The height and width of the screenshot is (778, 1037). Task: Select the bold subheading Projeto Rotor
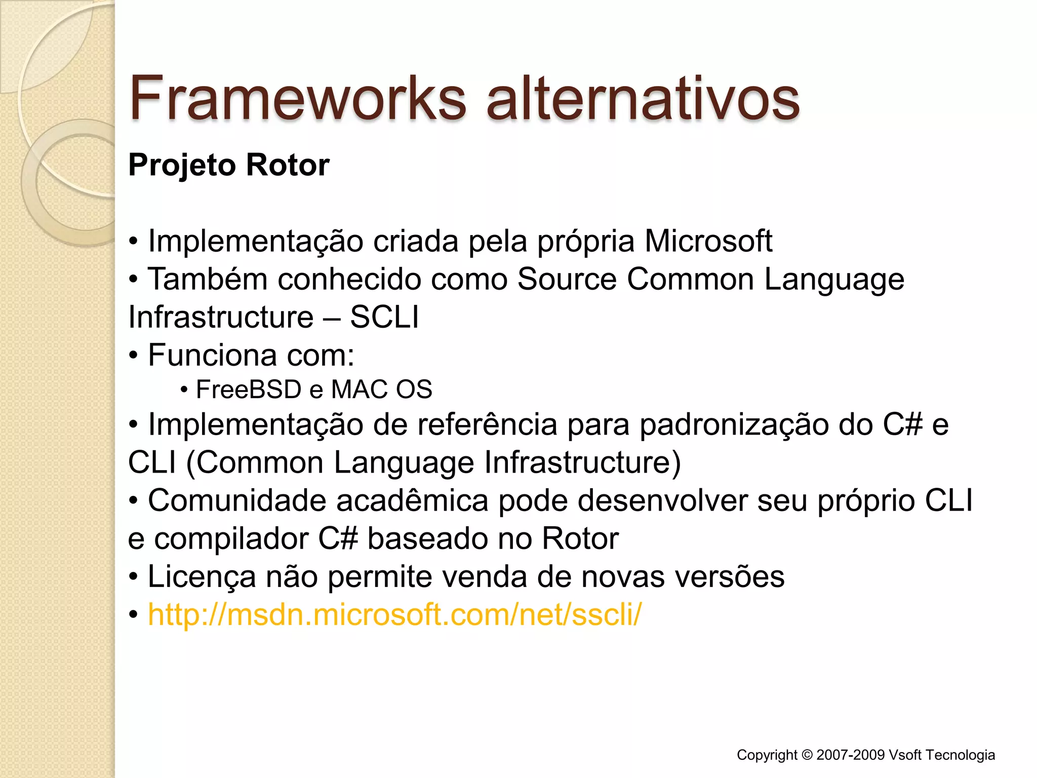[229, 165]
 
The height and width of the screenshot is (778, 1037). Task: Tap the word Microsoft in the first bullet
[708, 241]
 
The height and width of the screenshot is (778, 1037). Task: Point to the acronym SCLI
[384, 318]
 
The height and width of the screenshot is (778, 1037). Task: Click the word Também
[207, 279]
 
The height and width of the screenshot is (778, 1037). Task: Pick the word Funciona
[212, 355]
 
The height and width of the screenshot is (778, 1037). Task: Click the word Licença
[202, 577]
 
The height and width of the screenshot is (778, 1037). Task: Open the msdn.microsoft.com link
[394, 614]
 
